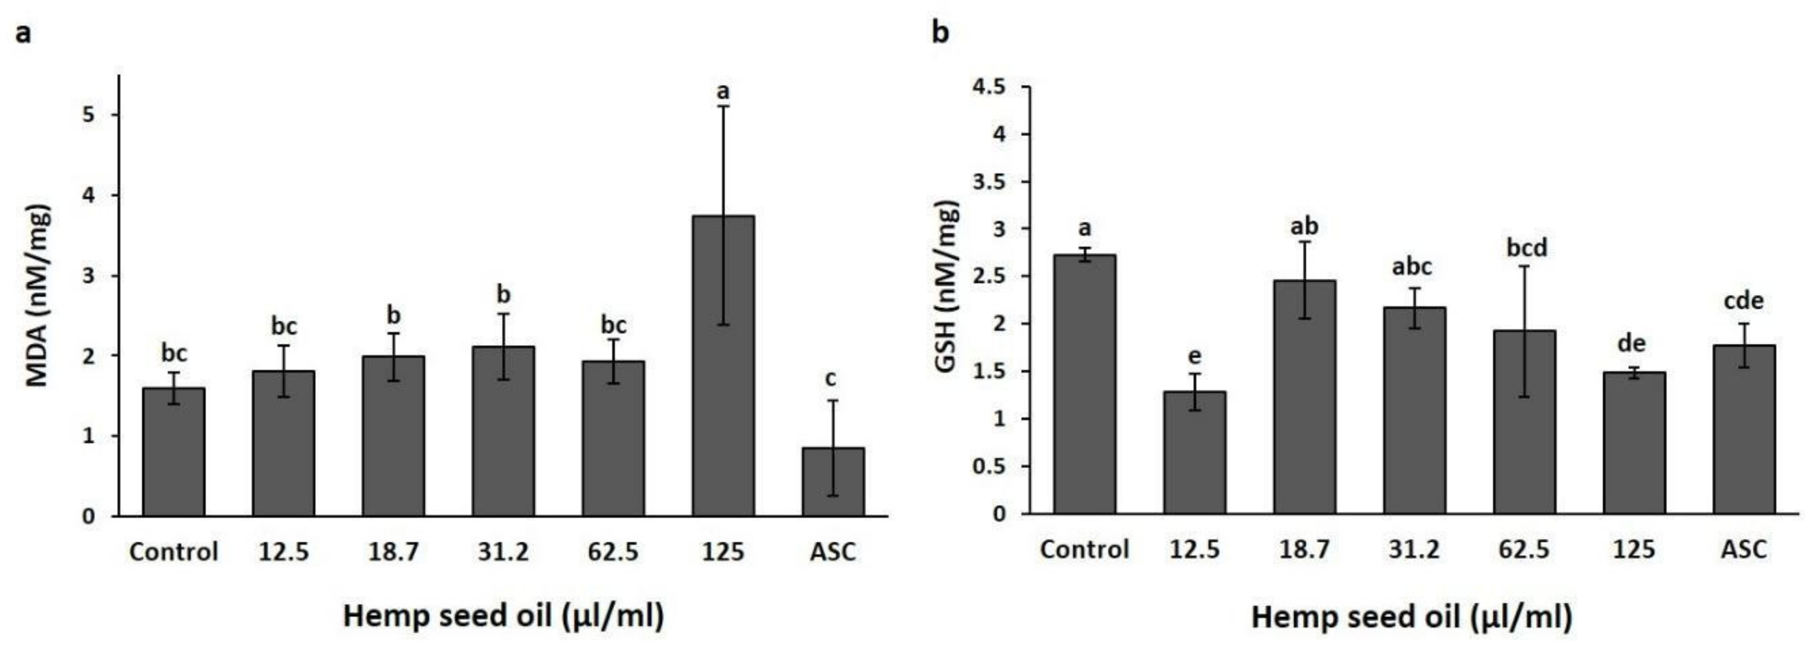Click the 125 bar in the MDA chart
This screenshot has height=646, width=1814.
coord(723,366)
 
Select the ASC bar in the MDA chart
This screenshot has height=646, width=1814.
coord(832,482)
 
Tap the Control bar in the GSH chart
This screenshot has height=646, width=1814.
coord(1085,384)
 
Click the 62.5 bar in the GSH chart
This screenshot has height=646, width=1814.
coord(1524,422)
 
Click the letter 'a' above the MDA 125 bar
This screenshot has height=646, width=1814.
coord(723,91)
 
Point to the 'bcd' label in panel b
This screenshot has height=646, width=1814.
coord(1527,247)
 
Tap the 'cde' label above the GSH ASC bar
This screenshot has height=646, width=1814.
coord(1743,301)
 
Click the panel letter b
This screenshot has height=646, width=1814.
coord(940,32)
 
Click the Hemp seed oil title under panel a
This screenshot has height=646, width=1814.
coord(503,616)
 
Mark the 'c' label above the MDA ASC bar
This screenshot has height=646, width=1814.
coord(831,379)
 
